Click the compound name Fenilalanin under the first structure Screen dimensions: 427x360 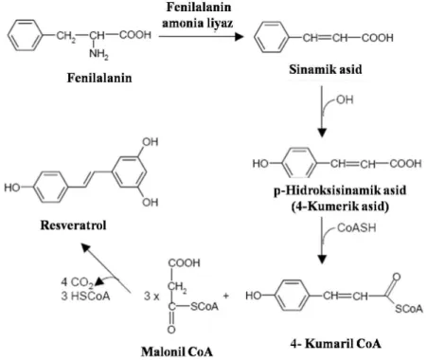tap(99, 78)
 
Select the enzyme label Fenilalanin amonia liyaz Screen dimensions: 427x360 tap(198, 15)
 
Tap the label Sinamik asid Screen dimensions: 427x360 tap(326, 69)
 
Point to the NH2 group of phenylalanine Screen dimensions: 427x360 tap(98, 54)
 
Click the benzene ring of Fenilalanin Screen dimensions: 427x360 tap(25, 35)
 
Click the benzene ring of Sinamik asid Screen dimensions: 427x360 tap(272, 37)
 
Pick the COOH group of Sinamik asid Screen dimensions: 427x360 tap(378, 38)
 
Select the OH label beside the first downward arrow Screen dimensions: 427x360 tap(345, 99)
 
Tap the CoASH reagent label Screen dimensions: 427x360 tap(357, 227)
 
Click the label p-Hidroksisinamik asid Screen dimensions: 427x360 tap(340, 190)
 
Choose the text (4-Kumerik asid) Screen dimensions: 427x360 tap(340, 207)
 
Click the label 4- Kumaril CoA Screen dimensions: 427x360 tap(336, 344)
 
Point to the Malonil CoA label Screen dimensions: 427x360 tap(177, 351)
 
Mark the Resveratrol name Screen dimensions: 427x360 tap(73, 225)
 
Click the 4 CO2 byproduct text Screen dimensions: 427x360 tap(78, 282)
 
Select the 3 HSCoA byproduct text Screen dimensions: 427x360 tap(85, 296)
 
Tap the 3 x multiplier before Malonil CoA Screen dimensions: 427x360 tap(151, 297)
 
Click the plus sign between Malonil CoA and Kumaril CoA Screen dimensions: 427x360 tap(226, 296)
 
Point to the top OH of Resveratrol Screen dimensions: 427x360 tap(150, 142)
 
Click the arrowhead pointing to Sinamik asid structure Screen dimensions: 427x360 tap(239, 37)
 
